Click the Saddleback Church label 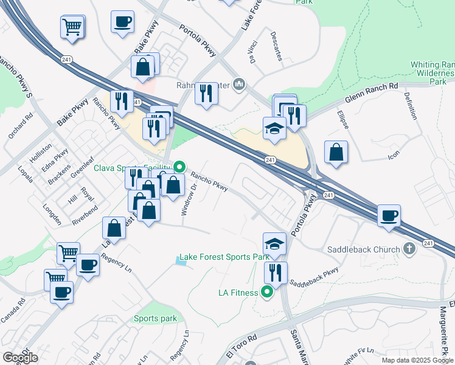tap(363, 249)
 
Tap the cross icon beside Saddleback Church tap(410, 249)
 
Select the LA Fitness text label tap(238, 293)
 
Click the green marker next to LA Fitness tap(266, 293)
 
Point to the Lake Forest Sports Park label tap(224, 257)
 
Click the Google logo tap(20, 357)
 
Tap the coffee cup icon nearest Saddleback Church tap(389, 215)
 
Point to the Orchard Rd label tap(20, 125)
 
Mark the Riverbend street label tap(85, 216)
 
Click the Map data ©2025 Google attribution tap(417, 360)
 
